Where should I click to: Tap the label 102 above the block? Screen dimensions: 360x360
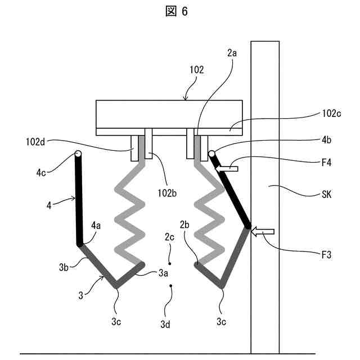pyautogui.click(x=197, y=71)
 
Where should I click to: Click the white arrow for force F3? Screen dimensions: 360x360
pyautogui.click(x=262, y=231)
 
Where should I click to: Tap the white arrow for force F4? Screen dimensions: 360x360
pyautogui.click(x=228, y=168)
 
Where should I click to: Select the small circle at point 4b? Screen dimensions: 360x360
pyautogui.click(x=212, y=154)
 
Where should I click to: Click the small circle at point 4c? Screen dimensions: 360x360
pyautogui.click(x=78, y=154)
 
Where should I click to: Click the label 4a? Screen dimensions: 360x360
pyautogui.click(x=97, y=226)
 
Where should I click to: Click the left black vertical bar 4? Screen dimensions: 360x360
pyautogui.click(x=79, y=202)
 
